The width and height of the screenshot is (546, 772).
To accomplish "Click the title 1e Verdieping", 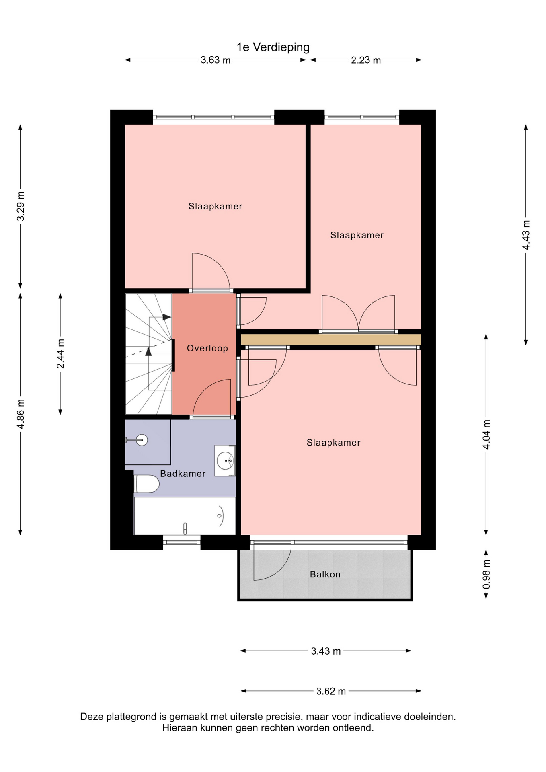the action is coord(273,47).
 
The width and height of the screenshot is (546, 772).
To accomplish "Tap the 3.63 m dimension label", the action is coord(216,60).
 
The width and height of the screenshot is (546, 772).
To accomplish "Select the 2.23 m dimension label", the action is coord(366,60).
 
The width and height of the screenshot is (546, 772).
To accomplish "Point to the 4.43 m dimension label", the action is coord(526,235).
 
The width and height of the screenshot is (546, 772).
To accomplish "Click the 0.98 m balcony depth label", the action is coord(486,574).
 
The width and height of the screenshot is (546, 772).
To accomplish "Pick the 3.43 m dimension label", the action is coord(326,651).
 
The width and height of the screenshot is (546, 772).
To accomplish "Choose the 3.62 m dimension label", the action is coord(331,691).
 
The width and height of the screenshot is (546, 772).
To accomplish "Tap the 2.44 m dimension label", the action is coord(60,354).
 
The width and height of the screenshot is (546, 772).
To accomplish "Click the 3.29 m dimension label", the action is coord(21,206).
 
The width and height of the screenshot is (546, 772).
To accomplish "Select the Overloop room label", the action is coord(207,348).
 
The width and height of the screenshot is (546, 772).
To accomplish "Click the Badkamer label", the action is coord(183,474).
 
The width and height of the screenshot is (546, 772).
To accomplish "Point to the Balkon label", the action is coord(325,574).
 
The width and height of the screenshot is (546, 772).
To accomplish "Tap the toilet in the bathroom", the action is coord(147,484).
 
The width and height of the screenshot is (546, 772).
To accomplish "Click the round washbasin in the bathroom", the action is coord(225,460).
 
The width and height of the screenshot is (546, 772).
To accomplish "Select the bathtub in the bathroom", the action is coord(185,516).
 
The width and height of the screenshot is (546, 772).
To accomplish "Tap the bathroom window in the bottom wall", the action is coord(182,542).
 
